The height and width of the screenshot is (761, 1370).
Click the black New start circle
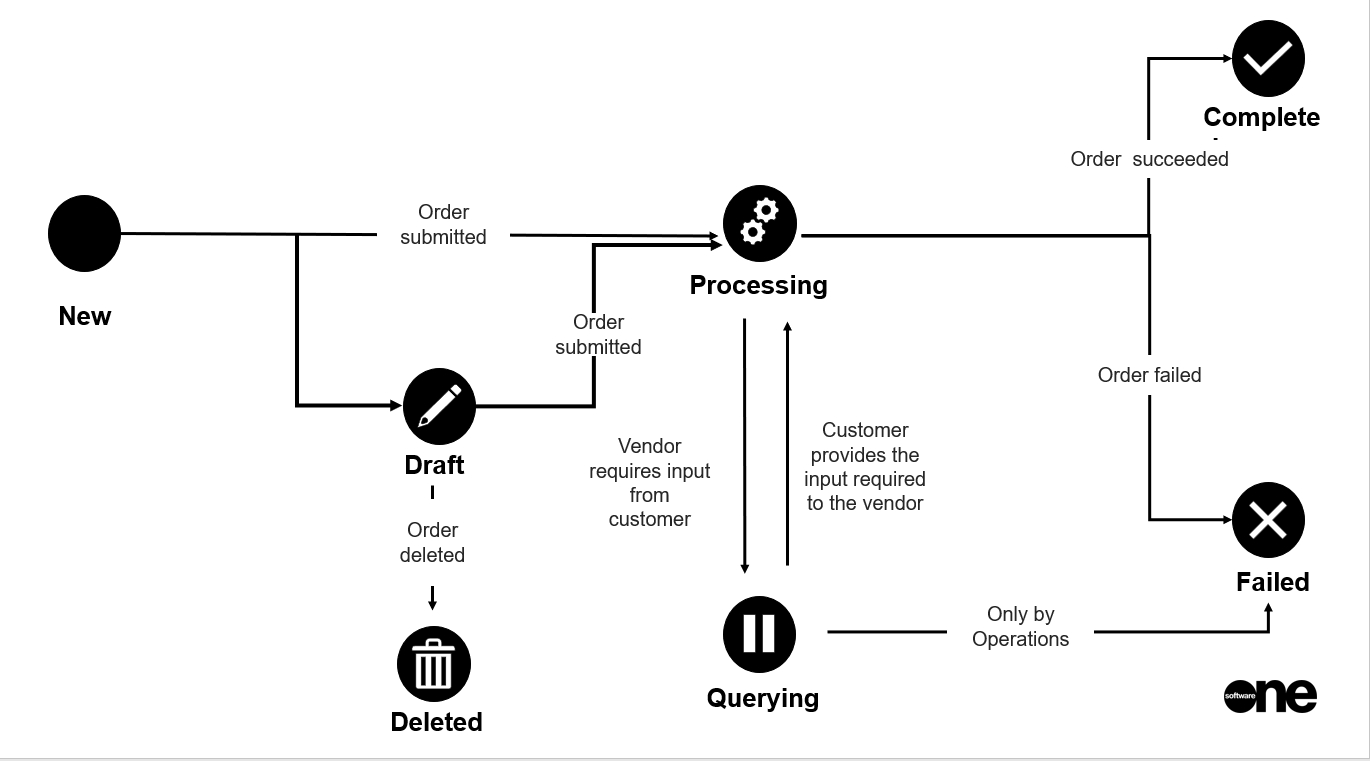point(84,234)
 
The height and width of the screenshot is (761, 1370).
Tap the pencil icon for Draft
point(439,407)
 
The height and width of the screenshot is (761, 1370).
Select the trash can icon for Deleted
point(433,665)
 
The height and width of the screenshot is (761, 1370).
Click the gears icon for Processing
point(760,222)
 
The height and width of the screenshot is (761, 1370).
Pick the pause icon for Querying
point(759,633)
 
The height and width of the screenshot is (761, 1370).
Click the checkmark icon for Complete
point(1268,58)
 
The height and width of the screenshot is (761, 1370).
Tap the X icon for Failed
point(1268,520)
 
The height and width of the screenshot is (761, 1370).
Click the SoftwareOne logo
point(1270,695)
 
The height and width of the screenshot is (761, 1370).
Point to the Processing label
point(758,285)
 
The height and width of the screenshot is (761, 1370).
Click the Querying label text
point(762,698)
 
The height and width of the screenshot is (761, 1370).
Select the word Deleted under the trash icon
point(436,722)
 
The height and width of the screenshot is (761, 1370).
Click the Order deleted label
point(432,542)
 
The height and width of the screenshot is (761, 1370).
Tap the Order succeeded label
point(1149,159)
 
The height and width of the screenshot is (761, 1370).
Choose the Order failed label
point(1149,375)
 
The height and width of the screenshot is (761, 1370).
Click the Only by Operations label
point(1020,627)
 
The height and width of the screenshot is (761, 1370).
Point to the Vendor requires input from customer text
point(650,482)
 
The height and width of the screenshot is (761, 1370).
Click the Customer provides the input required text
point(865,466)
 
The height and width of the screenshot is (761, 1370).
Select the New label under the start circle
point(85,316)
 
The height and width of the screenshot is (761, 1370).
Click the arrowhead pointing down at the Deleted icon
point(432,603)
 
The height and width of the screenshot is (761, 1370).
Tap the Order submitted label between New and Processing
point(443,224)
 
